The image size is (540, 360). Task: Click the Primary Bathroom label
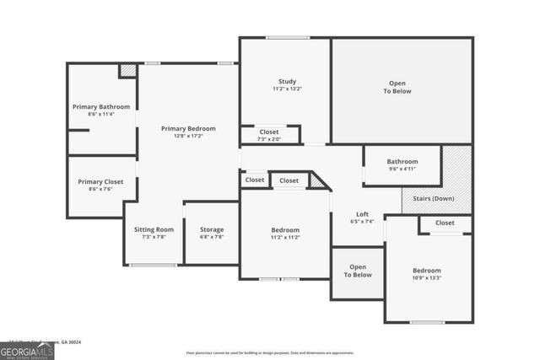coord(101,107)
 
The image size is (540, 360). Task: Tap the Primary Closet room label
coord(101,181)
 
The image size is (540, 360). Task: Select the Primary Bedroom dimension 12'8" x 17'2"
coord(188,137)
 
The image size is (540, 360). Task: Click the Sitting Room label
coord(154,229)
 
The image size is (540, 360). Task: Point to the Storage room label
coord(211,229)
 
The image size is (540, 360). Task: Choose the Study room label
coord(286,81)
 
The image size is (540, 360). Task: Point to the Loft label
coord(362,214)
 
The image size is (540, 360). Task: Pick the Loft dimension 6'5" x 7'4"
coord(362,222)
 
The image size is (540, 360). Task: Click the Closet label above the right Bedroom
coord(445,223)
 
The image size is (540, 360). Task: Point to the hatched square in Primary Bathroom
coord(127,71)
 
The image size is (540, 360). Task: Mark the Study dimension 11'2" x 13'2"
coord(286,89)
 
